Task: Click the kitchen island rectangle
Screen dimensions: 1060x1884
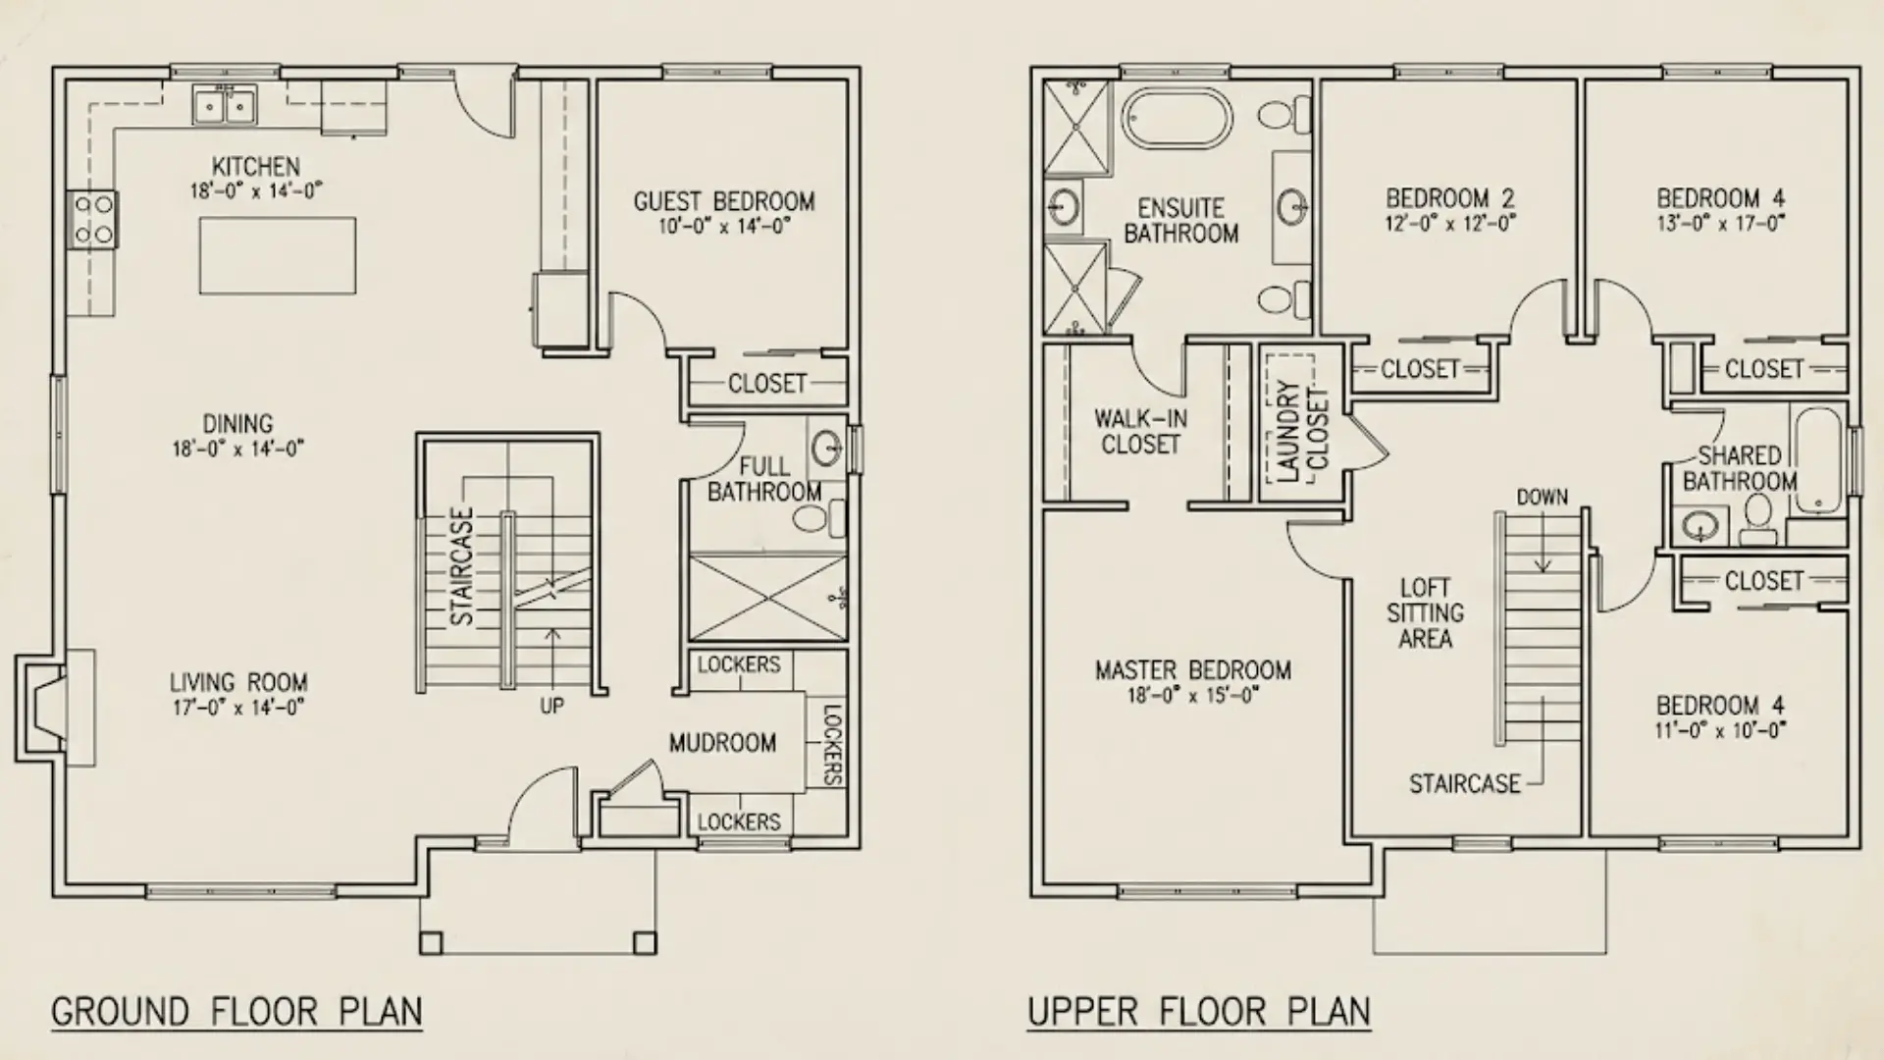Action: click(x=278, y=256)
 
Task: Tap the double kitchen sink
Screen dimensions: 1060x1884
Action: click(x=225, y=105)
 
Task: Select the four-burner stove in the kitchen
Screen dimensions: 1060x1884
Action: click(x=93, y=219)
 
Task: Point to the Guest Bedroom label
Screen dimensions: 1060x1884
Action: click(x=723, y=202)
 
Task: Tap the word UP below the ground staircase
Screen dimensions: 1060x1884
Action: click(x=551, y=707)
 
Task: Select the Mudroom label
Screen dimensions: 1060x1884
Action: click(x=722, y=743)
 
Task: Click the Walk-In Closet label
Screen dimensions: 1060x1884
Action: click(x=1140, y=432)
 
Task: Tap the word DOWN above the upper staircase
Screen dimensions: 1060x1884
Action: click(x=1542, y=498)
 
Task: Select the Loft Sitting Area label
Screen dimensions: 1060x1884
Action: click(x=1425, y=613)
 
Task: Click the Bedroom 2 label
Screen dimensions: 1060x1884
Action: click(x=1450, y=198)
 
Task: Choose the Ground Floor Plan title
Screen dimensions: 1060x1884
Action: click(x=236, y=1012)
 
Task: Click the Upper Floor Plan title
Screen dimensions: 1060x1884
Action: click(x=1198, y=1012)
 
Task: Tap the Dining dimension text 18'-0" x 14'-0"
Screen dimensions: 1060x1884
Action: click(x=237, y=450)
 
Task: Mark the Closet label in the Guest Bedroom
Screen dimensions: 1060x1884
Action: click(x=766, y=384)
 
